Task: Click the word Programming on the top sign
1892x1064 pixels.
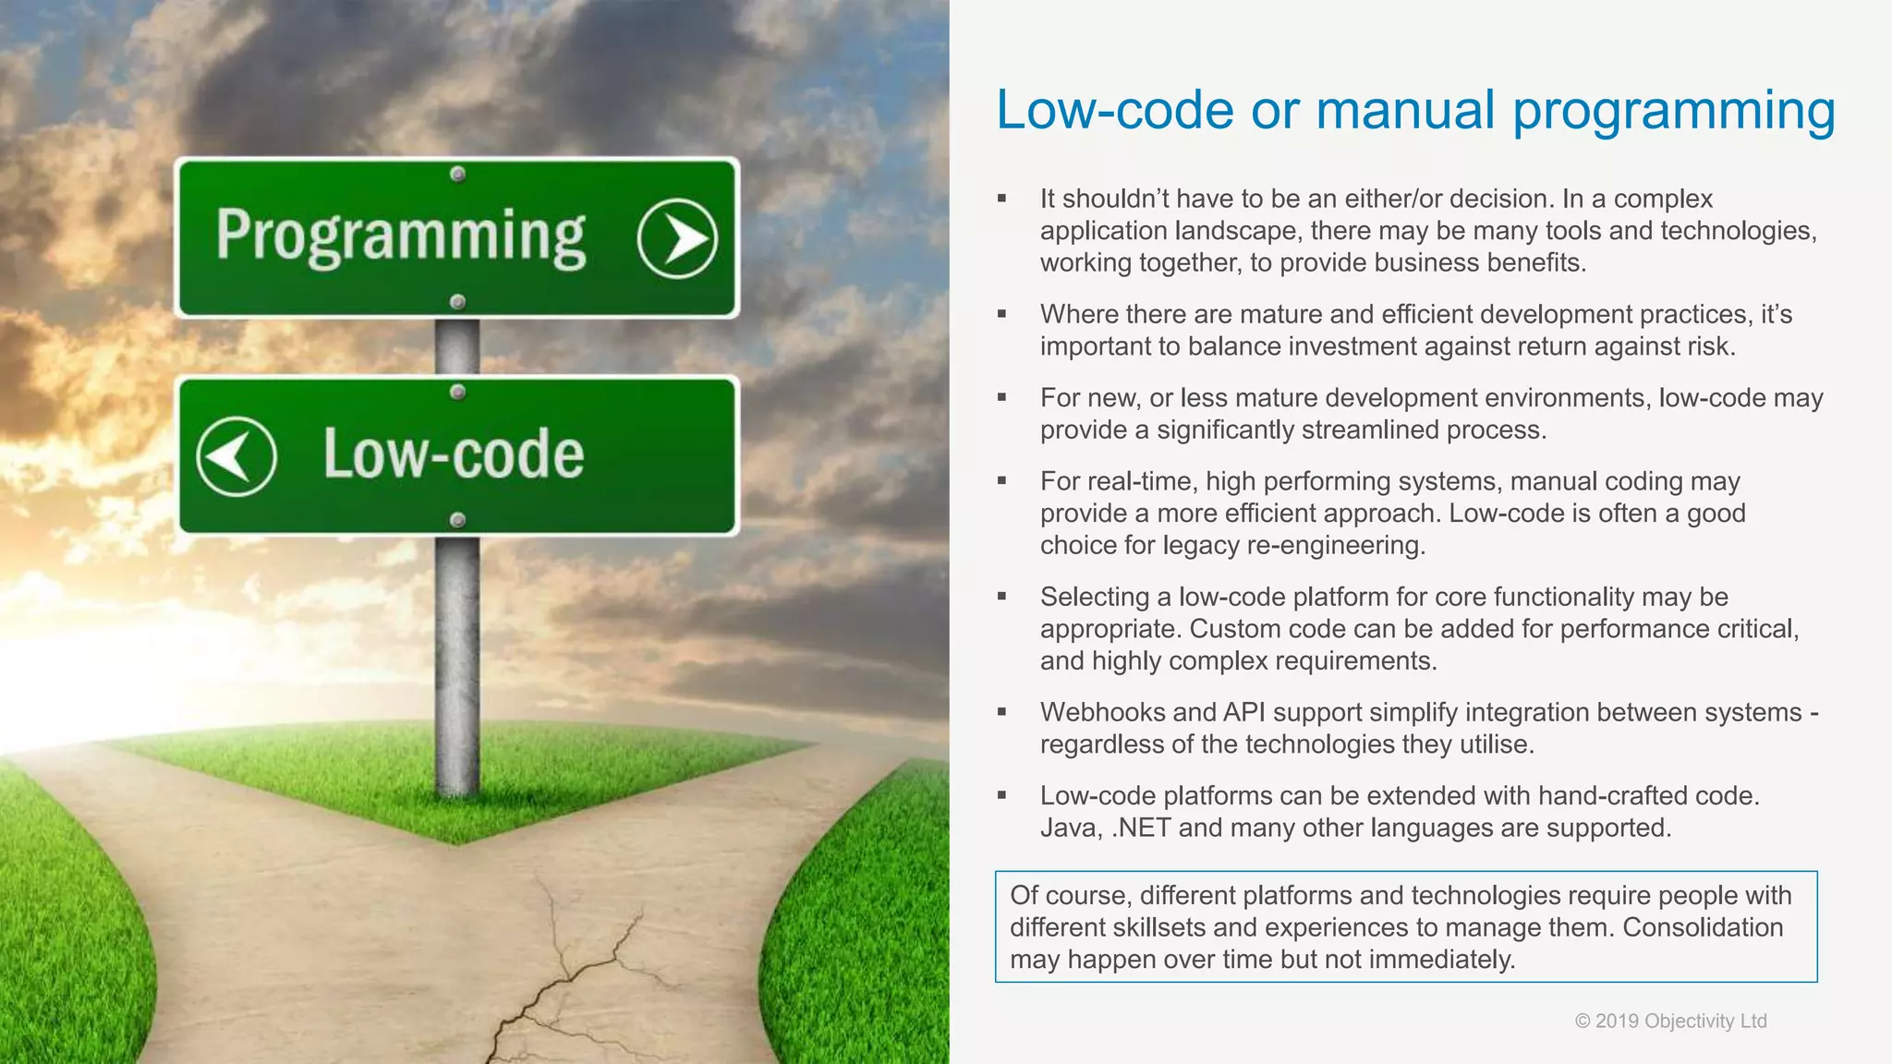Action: (401, 236)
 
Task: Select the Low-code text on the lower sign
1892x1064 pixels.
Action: (453, 454)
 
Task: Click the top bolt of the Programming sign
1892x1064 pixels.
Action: (457, 175)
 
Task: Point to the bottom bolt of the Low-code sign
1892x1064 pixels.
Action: (457, 520)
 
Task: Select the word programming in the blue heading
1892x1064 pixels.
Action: (1673, 112)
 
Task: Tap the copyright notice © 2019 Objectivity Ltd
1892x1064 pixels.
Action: (1670, 1021)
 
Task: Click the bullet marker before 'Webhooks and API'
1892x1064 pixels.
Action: (1001, 712)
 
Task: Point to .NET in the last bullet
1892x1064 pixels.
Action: (1141, 828)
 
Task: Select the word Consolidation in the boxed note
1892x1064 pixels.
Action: (1703, 927)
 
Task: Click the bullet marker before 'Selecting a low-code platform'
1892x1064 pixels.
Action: (1001, 597)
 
